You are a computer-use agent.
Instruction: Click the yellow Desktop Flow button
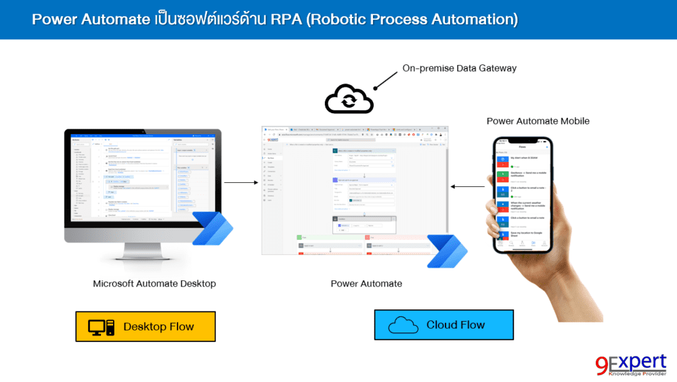click(145, 326)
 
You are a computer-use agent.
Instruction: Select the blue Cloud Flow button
click(443, 325)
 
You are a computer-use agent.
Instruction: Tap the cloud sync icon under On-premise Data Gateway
click(349, 100)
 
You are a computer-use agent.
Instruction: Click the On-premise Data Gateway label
click(459, 68)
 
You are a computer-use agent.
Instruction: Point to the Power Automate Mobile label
click(538, 121)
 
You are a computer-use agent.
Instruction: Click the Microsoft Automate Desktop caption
click(154, 284)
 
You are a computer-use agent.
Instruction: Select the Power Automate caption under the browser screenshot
click(366, 284)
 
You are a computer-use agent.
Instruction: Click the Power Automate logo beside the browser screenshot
click(446, 251)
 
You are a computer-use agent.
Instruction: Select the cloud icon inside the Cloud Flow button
click(403, 326)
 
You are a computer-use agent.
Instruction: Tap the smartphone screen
click(521, 196)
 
